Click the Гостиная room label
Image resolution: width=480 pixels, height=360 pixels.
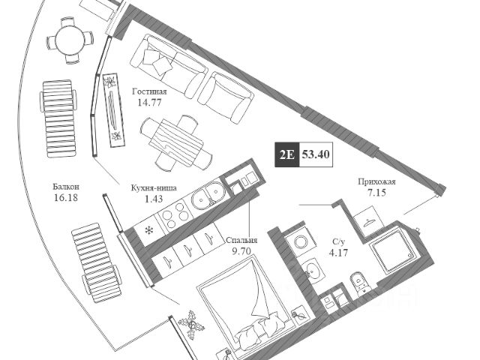(149, 91)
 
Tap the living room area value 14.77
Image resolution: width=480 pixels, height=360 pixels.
(149, 103)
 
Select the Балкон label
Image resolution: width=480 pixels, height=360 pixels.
(66, 187)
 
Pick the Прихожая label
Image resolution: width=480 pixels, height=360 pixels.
(376, 182)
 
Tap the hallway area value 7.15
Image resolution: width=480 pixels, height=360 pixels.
(376, 193)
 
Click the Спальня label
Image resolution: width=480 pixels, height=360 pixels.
(242, 241)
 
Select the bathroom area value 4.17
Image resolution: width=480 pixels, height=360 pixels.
(339, 253)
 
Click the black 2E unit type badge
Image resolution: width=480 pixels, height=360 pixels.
(286, 156)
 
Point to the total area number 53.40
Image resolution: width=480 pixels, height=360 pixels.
(316, 156)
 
